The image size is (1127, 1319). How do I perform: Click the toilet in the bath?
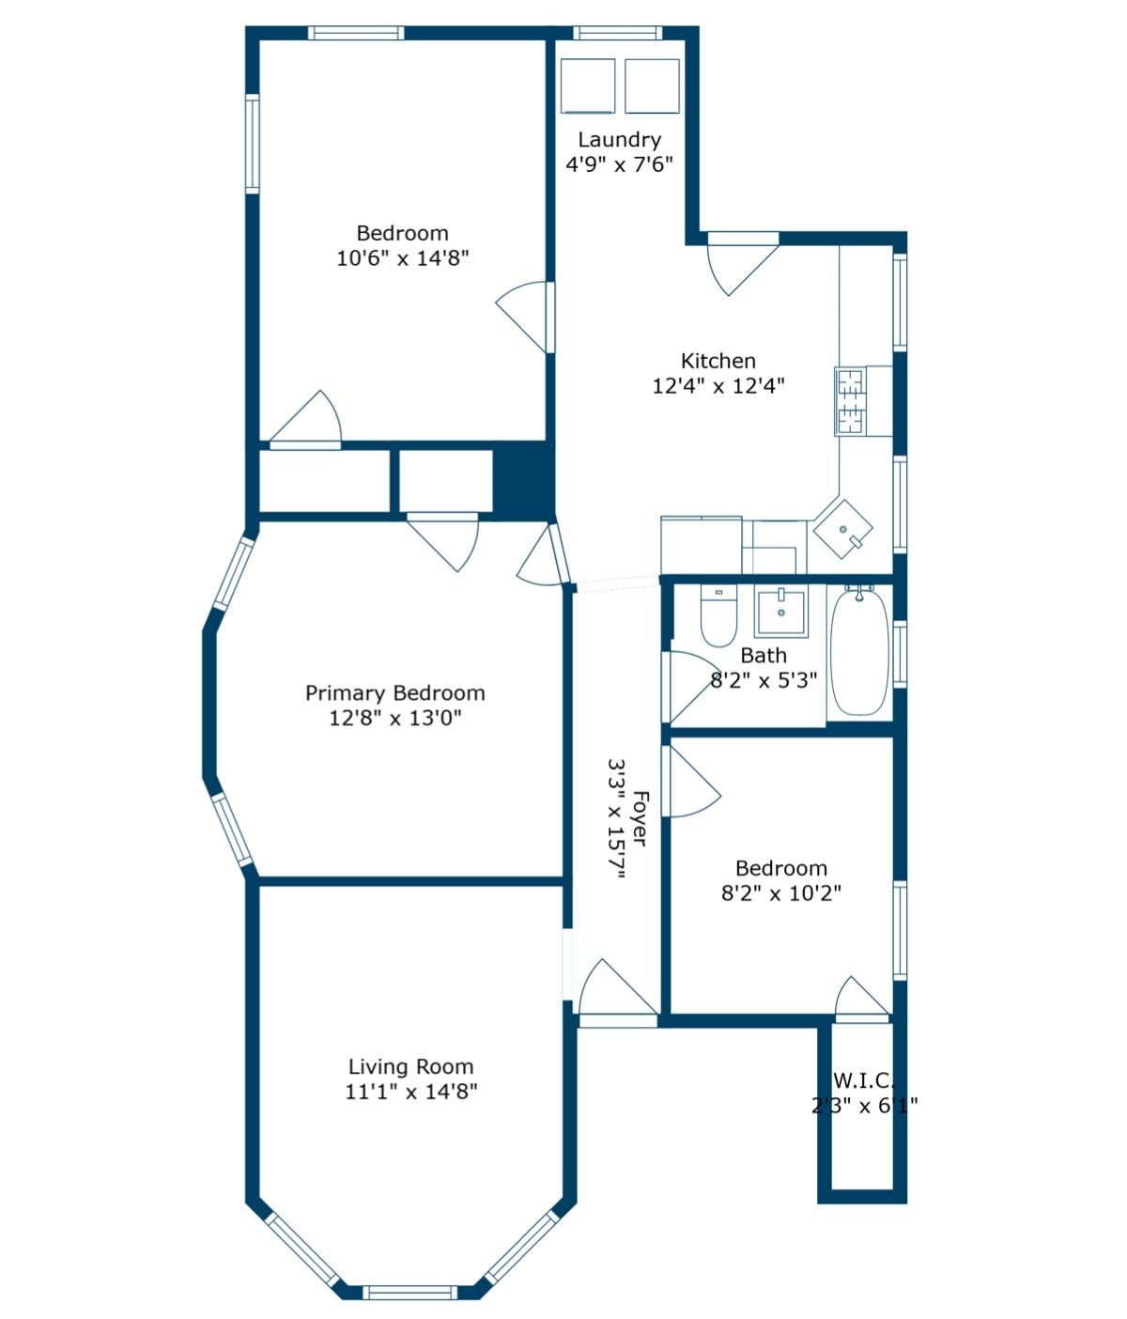[x=718, y=618]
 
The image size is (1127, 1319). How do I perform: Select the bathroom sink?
[x=780, y=612]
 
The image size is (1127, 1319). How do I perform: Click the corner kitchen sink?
[x=842, y=529]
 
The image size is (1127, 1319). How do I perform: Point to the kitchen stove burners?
[x=850, y=401]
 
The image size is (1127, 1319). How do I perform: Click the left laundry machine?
[x=588, y=85]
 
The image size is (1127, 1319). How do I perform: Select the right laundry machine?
[x=652, y=85]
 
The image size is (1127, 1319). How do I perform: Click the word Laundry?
[x=619, y=140]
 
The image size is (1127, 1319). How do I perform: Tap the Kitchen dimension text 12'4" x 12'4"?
[x=718, y=385]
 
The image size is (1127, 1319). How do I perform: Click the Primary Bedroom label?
[x=395, y=693]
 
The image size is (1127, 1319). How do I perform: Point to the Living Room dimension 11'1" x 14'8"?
[x=411, y=1092]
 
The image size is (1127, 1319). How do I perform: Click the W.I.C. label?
[x=864, y=1080]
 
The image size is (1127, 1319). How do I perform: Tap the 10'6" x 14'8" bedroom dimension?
[x=403, y=257]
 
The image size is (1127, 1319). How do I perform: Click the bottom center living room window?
[x=410, y=1292]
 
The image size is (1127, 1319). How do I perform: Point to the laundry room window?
[x=617, y=33]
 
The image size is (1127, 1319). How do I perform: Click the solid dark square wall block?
[x=523, y=480]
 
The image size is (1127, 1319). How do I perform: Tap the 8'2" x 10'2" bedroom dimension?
[x=781, y=893]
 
